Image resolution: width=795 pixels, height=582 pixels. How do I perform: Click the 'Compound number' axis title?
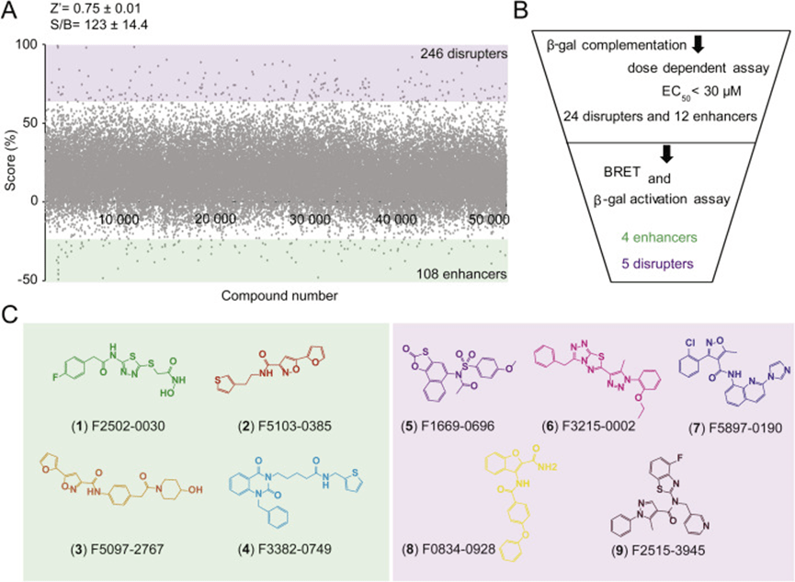(278, 296)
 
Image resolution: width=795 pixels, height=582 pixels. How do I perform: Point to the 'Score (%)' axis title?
(9, 161)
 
